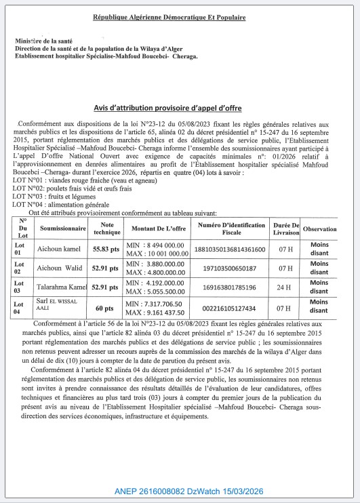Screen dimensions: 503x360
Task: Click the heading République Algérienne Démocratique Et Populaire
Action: pos(180,16)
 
